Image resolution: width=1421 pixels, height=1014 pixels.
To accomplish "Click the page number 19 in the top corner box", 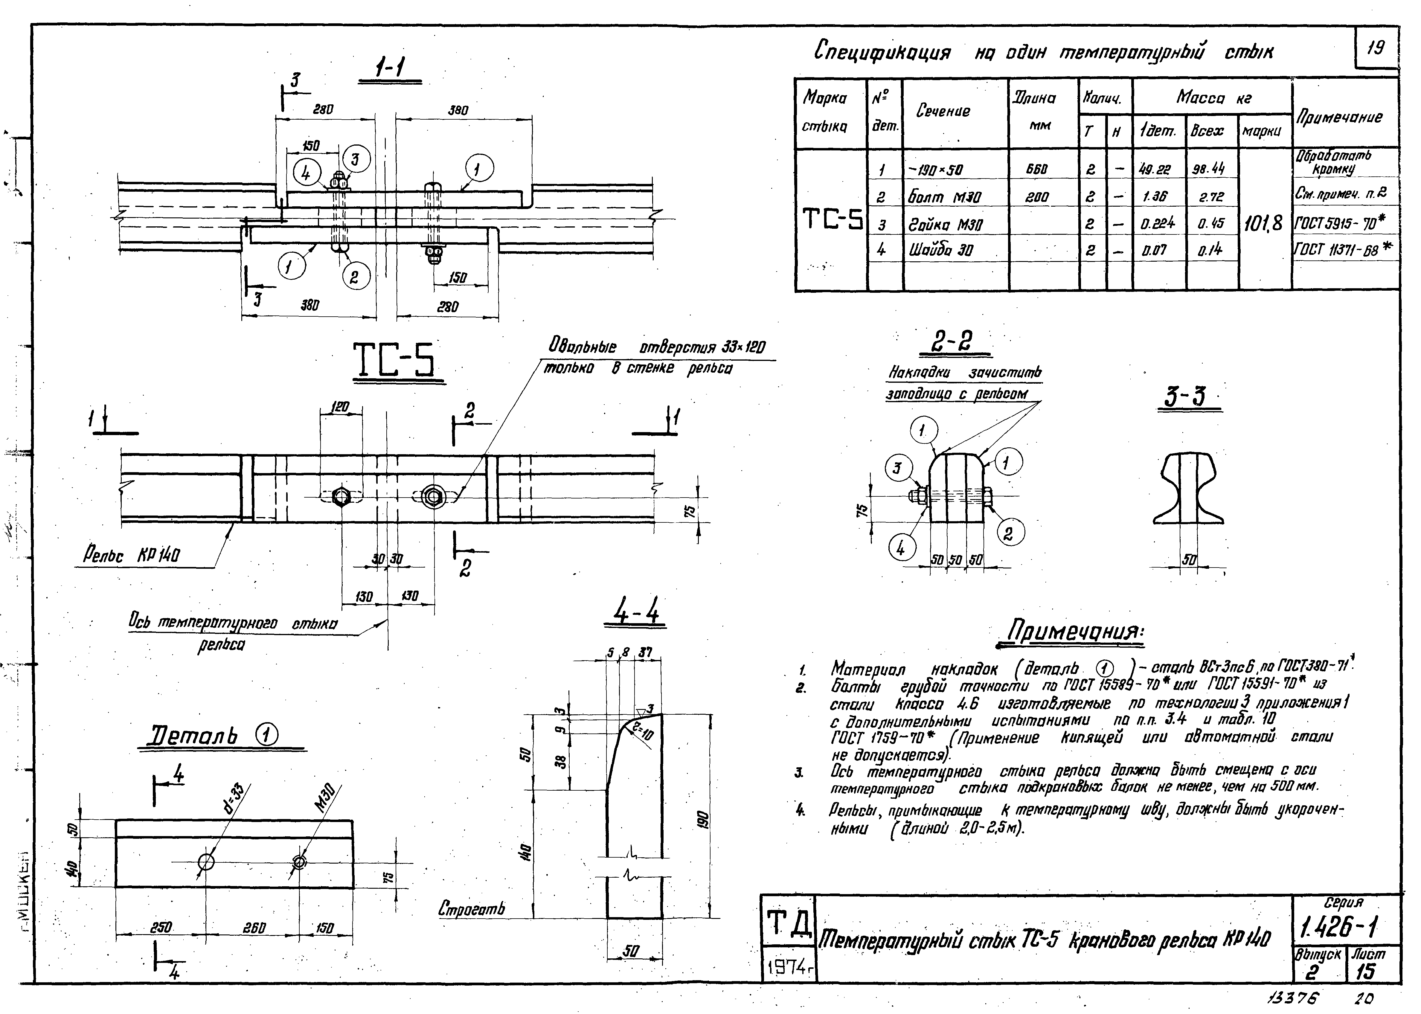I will tap(1376, 48).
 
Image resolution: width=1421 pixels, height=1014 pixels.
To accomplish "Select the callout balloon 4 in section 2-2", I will tap(900, 548).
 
